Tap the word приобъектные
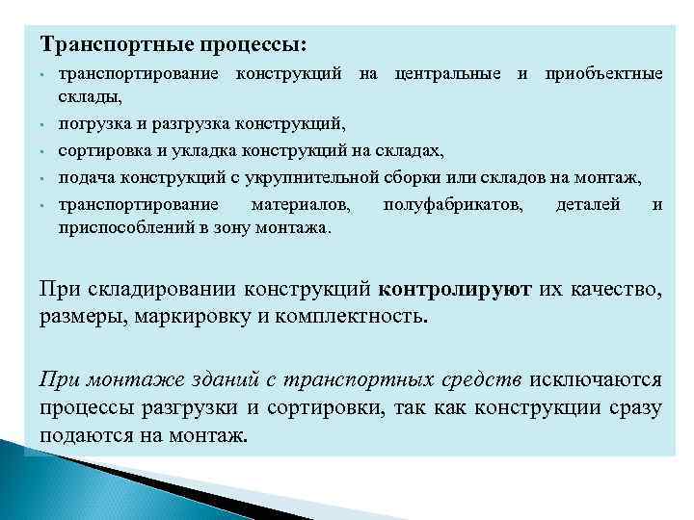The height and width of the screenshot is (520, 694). click(x=603, y=74)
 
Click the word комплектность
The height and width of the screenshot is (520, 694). click(x=355, y=317)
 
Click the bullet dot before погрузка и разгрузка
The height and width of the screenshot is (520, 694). click(x=45, y=124)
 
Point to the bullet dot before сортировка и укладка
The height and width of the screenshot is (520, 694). click(x=45, y=151)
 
